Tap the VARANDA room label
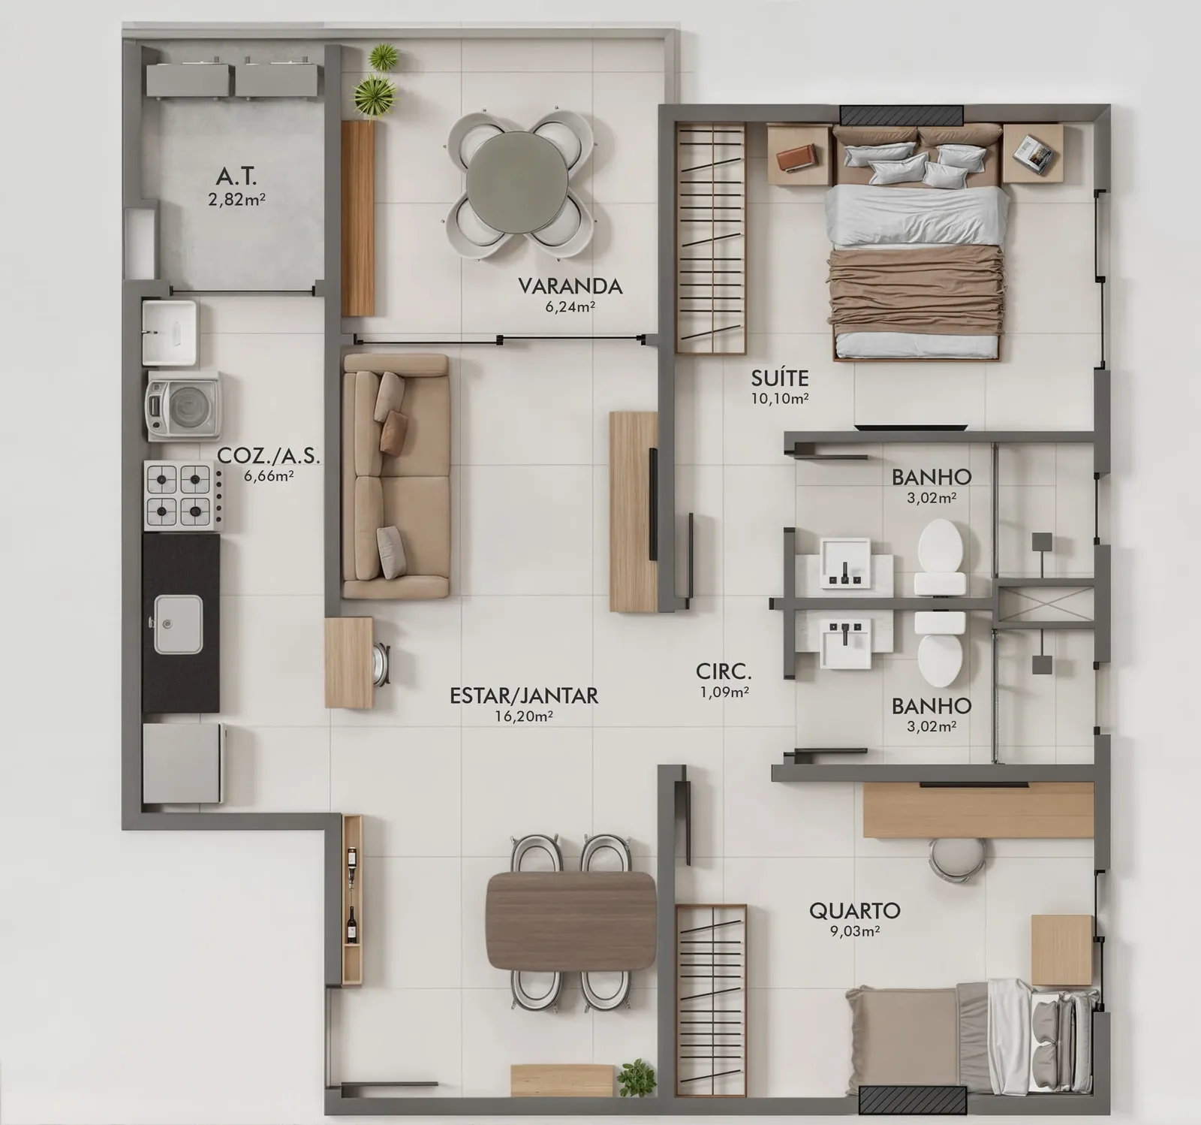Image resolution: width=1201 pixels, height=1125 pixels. [570, 286]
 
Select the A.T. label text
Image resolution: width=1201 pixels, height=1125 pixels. [236, 176]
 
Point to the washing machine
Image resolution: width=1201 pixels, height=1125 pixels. [183, 406]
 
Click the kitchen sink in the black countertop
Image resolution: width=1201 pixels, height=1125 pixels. [179, 624]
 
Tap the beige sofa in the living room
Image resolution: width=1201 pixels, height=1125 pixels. [395, 476]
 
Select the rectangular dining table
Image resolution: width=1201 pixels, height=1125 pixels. [571, 921]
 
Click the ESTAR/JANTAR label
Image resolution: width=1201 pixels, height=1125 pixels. [524, 695]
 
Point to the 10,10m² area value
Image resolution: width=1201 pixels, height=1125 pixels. [780, 399]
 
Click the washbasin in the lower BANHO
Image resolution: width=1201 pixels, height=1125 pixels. [845, 644]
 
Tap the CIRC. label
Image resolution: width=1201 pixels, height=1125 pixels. [724, 671]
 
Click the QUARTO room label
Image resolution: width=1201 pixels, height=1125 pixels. [854, 911]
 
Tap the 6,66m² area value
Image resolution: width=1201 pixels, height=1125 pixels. [268, 475]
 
